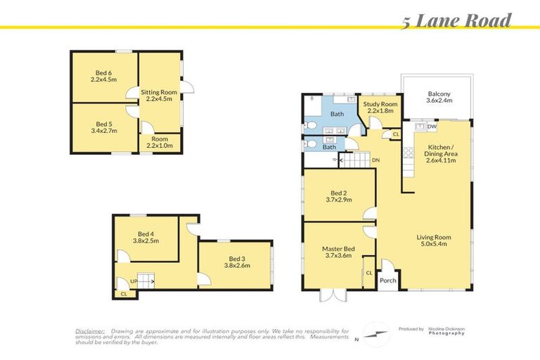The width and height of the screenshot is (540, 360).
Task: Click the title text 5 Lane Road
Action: [456, 20]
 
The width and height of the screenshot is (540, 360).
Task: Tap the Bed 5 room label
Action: [104, 127]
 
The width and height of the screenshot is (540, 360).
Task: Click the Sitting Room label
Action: [159, 96]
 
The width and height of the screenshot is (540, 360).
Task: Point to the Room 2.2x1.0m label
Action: [158, 141]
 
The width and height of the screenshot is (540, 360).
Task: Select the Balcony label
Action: [439, 98]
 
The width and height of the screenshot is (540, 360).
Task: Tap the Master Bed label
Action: [338, 253]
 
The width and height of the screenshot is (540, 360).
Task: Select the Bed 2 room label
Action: [339, 196]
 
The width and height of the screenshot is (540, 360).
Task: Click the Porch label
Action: [387, 280]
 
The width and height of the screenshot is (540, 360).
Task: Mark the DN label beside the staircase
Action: [376, 159]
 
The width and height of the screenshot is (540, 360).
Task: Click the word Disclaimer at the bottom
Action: [90, 330]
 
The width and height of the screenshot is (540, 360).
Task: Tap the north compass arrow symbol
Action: [376, 334]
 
